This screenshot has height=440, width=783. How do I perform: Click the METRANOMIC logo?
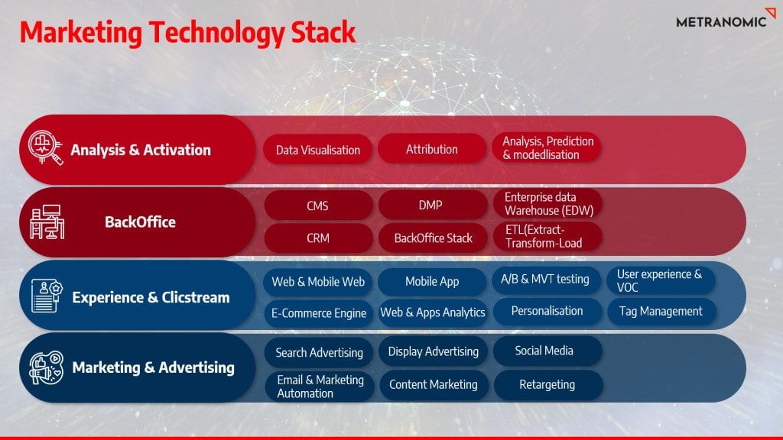[x=726, y=19]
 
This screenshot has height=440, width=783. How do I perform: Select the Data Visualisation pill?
[x=317, y=150]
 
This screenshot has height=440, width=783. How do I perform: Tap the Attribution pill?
[x=431, y=149]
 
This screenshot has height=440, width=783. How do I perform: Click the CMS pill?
[x=318, y=205]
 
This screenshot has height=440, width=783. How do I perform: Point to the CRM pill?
[x=318, y=238]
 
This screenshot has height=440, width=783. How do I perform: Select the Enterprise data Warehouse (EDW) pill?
[x=547, y=203]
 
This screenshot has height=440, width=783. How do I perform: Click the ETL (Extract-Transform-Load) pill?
[x=547, y=236]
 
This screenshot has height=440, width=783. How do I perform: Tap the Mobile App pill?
[x=432, y=281]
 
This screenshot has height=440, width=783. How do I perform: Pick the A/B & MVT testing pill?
[x=546, y=279]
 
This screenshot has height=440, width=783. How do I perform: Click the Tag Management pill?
[x=661, y=312]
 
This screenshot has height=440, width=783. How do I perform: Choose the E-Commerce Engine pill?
[x=319, y=313]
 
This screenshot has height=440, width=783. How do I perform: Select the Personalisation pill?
[x=547, y=311]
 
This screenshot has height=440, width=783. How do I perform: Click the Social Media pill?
[x=547, y=351]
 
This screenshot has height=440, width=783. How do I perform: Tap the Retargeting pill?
[x=547, y=385]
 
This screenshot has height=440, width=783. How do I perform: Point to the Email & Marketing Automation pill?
[x=319, y=387]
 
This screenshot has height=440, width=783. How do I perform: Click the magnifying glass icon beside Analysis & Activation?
[x=45, y=147]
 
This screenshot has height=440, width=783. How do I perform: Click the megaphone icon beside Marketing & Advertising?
[x=46, y=367]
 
